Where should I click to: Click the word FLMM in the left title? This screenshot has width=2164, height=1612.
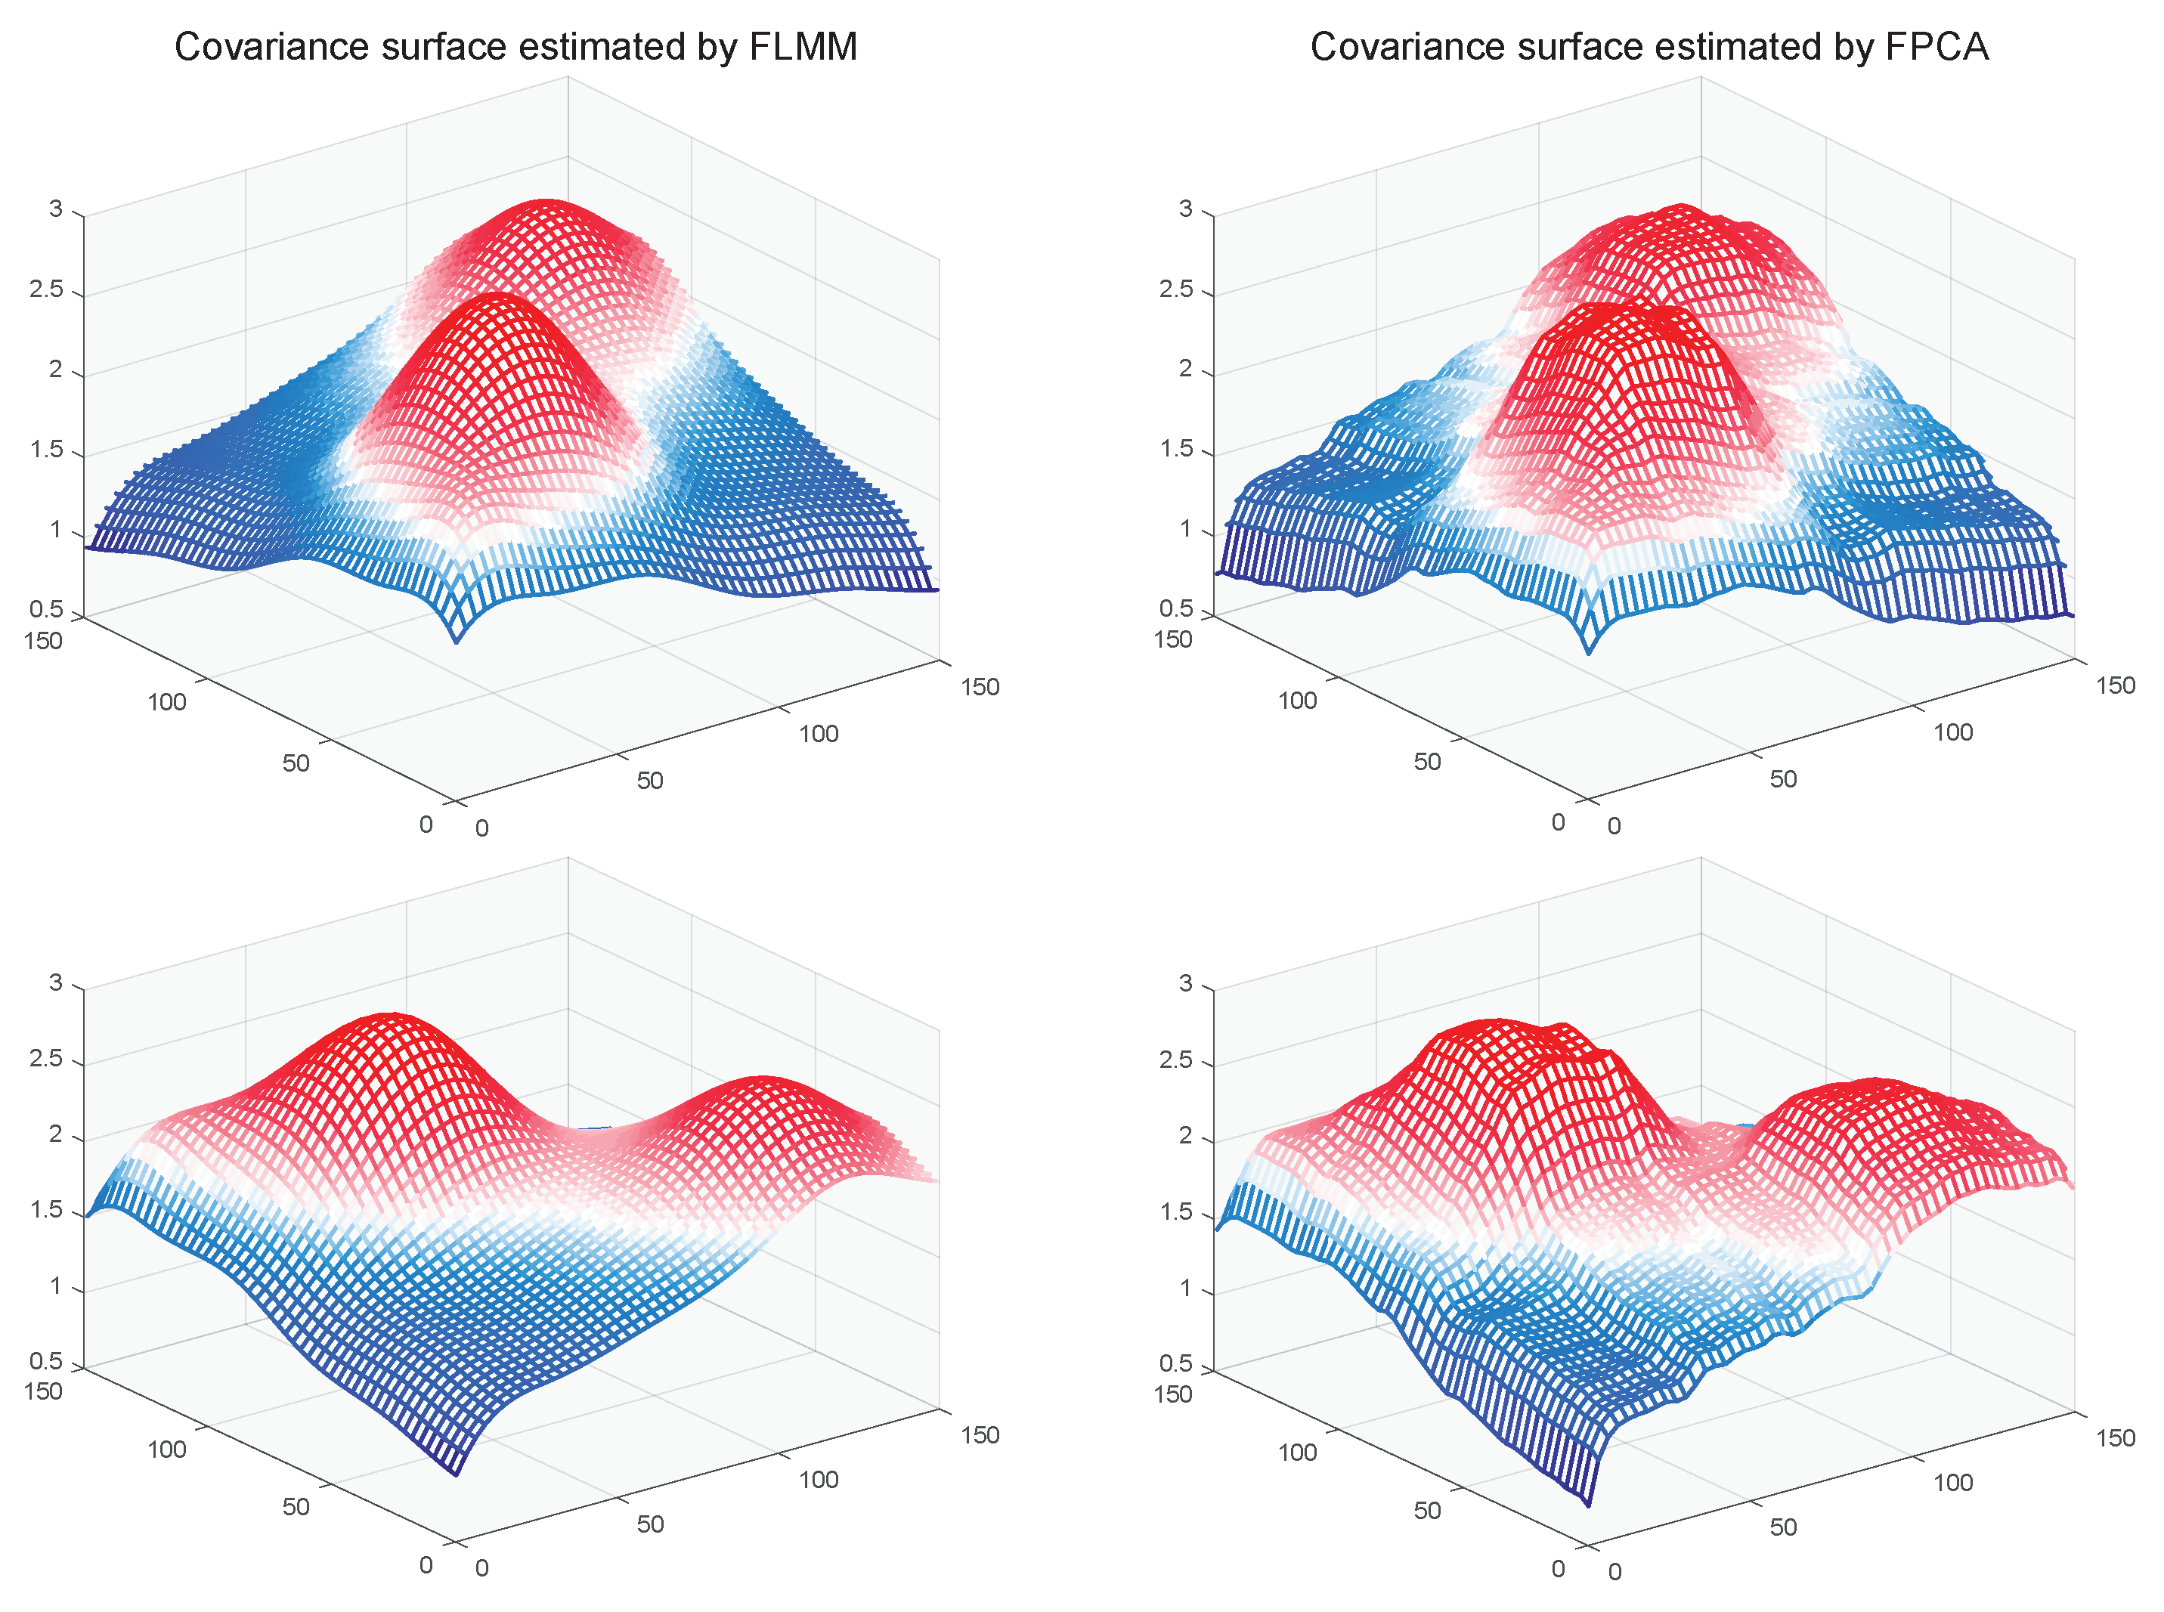[802, 47]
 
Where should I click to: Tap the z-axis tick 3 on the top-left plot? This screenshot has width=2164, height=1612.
[56, 209]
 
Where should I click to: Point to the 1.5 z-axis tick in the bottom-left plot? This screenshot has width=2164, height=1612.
[46, 1210]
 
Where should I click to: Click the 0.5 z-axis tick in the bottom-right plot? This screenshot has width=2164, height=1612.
[1175, 1363]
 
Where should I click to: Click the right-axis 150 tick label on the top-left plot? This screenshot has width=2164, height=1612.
[979, 687]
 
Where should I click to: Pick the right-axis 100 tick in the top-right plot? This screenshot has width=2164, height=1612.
[1952, 732]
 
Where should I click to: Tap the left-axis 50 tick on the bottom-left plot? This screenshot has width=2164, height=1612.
[296, 1507]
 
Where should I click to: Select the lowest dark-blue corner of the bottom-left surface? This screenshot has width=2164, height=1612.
[457, 1474]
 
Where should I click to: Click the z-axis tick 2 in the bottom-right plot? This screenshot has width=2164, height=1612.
[1185, 1136]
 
